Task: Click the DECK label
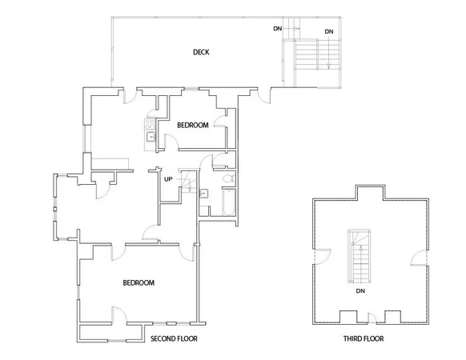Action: (201, 53)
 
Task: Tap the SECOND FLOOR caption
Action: (174, 339)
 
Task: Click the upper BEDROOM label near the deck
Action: (193, 125)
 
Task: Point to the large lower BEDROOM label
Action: (139, 283)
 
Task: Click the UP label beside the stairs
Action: (168, 178)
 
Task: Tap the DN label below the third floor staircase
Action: (360, 291)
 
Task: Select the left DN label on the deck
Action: (277, 29)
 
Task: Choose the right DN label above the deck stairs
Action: (329, 31)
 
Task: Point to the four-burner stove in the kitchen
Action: (149, 124)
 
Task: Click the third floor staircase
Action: (360, 256)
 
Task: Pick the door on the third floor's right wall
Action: (418, 256)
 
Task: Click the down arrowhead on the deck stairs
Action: (328, 69)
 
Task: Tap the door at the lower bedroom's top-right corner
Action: (190, 250)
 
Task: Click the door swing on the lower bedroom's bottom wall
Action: (116, 315)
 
